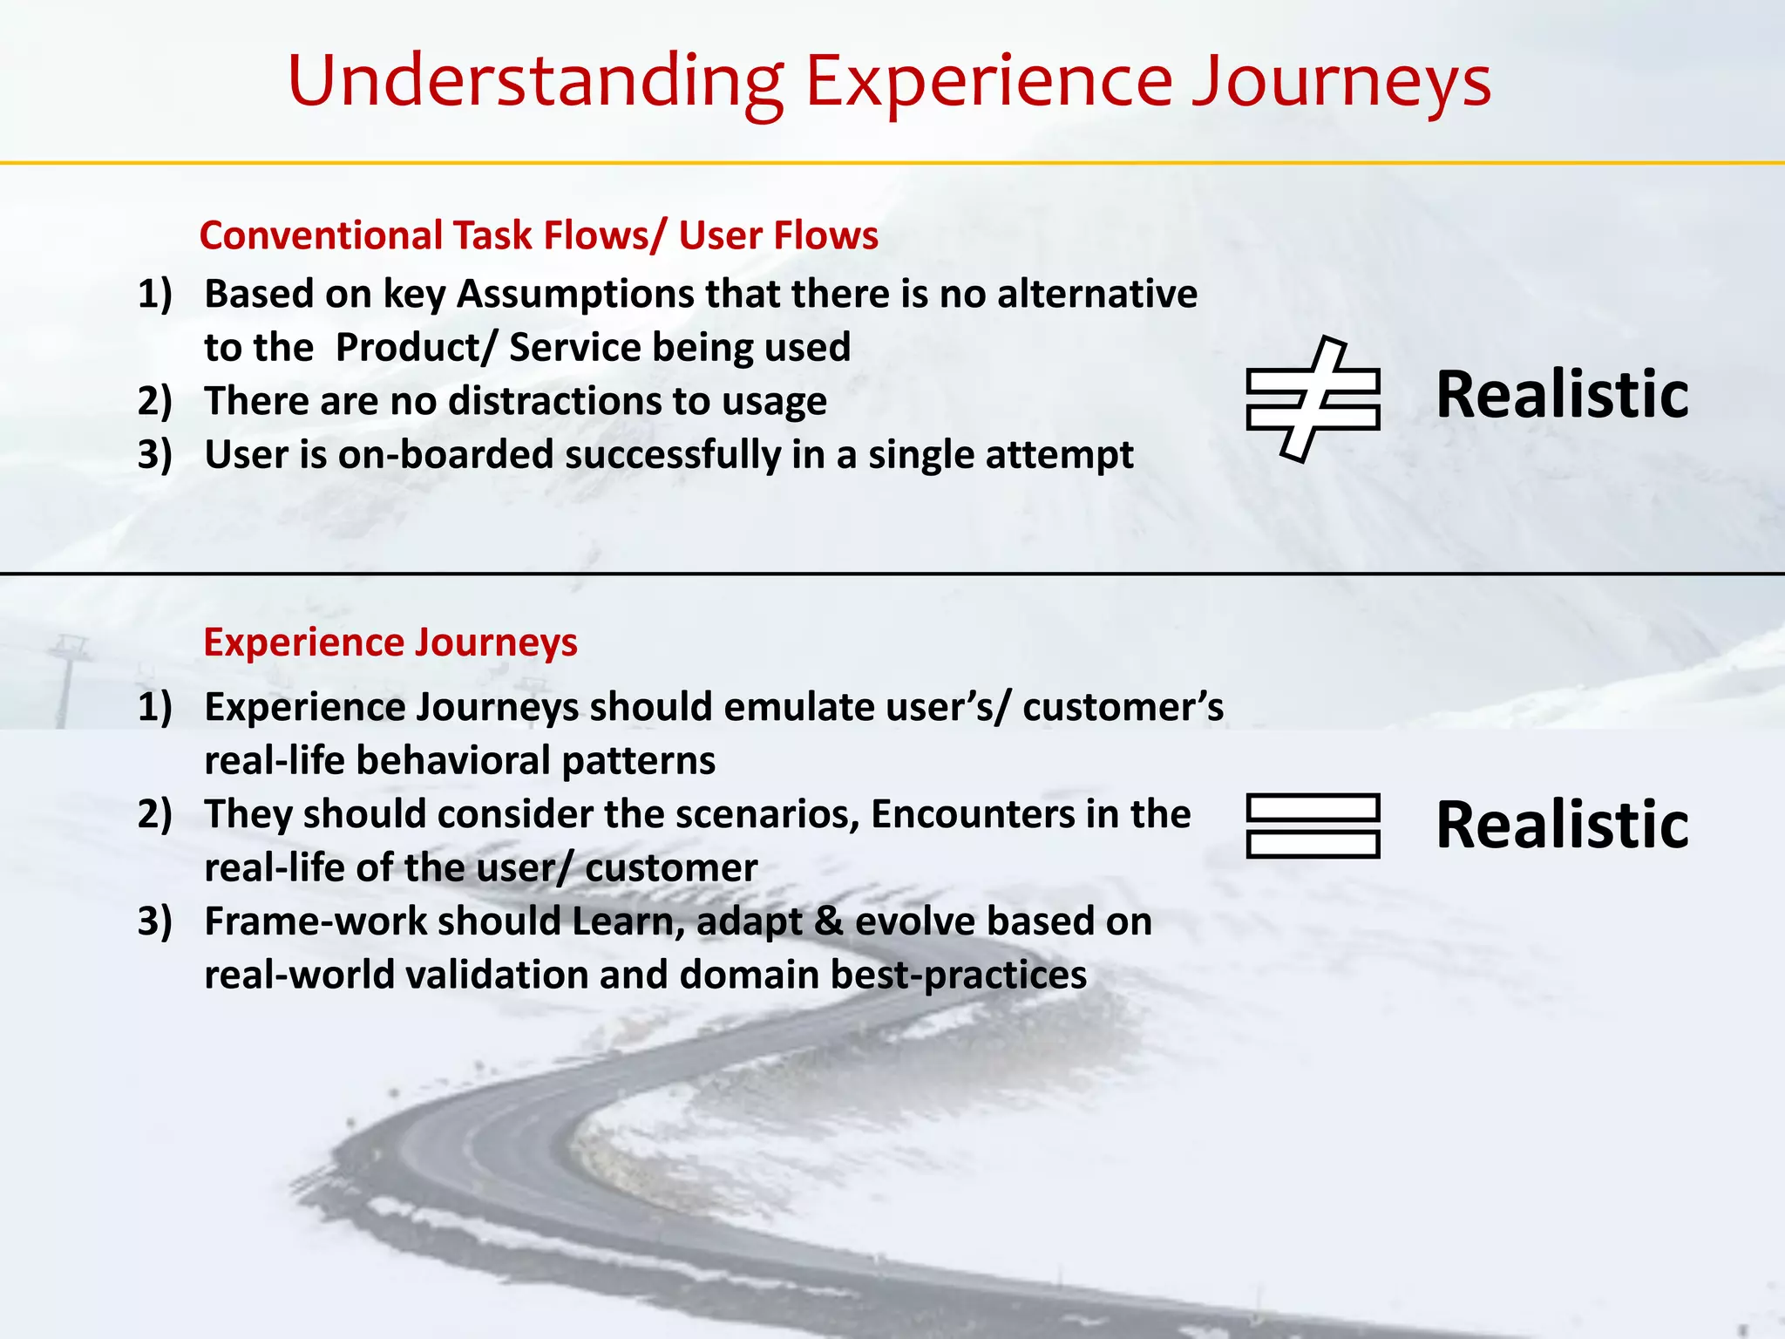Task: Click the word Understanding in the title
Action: pos(535,81)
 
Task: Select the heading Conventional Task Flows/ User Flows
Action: pos(539,235)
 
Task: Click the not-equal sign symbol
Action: pos(1313,398)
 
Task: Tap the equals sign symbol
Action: pos(1313,826)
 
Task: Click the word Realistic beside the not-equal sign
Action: pos(1562,395)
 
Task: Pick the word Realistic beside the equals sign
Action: pos(1562,825)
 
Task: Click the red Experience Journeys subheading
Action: pos(390,642)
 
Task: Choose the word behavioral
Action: pos(453,761)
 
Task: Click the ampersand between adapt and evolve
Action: pos(827,921)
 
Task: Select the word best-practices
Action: pos(958,975)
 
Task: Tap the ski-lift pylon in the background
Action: pos(65,680)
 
